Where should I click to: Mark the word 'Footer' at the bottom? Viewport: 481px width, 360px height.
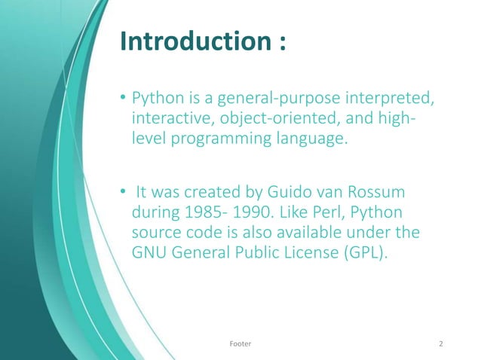(x=240, y=343)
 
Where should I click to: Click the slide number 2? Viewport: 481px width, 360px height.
(x=441, y=343)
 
